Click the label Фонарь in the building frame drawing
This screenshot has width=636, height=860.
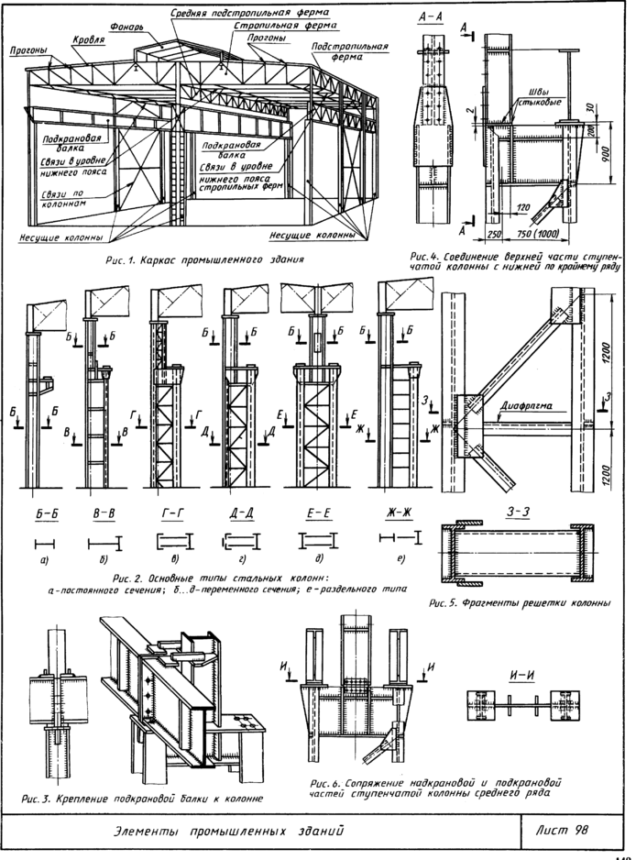tap(124, 28)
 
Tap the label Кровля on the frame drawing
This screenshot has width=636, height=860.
tap(89, 41)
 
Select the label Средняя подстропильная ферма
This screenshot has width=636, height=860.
tap(250, 15)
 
